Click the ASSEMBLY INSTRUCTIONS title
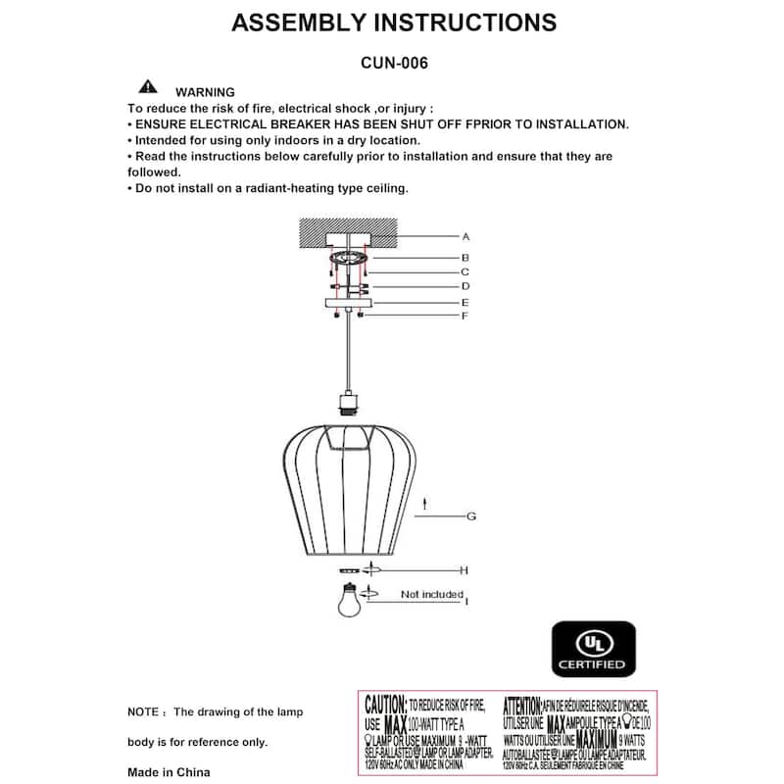tap(394, 23)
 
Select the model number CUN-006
tap(394, 62)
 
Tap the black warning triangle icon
tap(148, 86)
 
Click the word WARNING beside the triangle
tap(205, 92)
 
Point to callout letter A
tap(466, 236)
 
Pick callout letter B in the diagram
tap(466, 257)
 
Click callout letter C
tap(466, 271)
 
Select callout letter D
tap(466, 286)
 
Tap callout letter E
tap(466, 303)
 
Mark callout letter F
tap(466, 316)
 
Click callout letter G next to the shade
tap(470, 515)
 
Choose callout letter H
tap(465, 569)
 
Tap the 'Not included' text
tap(431, 595)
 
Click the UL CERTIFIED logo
tap(592, 649)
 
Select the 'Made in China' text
tap(169, 772)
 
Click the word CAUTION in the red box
tap(385, 705)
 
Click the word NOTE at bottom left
tap(144, 711)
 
